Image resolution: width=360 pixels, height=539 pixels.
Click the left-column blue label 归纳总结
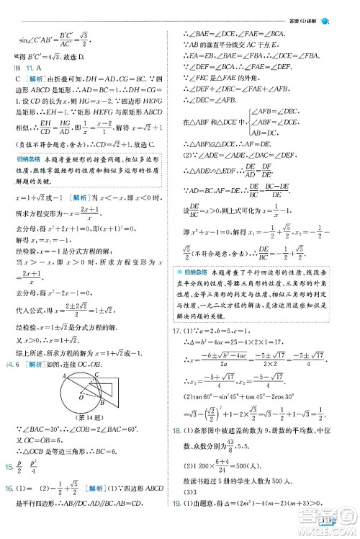pyautogui.click(x=30, y=159)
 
